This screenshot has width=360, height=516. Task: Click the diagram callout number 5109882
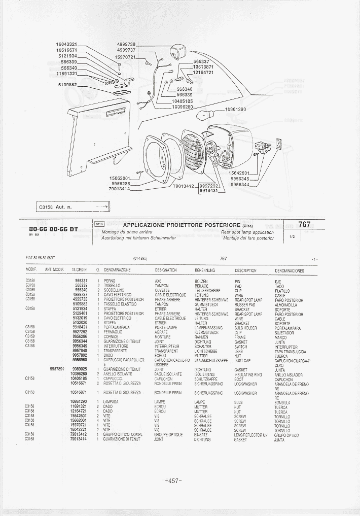(67, 85)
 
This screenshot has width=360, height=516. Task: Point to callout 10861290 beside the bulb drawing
(234, 109)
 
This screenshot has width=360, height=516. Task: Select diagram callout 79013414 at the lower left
(120, 189)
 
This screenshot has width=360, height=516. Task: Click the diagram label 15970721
(125, 57)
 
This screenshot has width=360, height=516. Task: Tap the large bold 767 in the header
(304, 225)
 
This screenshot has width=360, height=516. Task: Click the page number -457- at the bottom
(174, 481)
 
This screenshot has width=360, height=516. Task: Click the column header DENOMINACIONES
(289, 270)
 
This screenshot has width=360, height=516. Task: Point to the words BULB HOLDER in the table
(246, 327)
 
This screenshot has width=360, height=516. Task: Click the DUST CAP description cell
(242, 360)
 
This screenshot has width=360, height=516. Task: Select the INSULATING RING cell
(248, 374)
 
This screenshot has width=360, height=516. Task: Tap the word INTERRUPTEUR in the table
(166, 346)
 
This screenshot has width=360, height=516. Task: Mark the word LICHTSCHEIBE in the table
(206, 351)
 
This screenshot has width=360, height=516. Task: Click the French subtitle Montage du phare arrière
(128, 232)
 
